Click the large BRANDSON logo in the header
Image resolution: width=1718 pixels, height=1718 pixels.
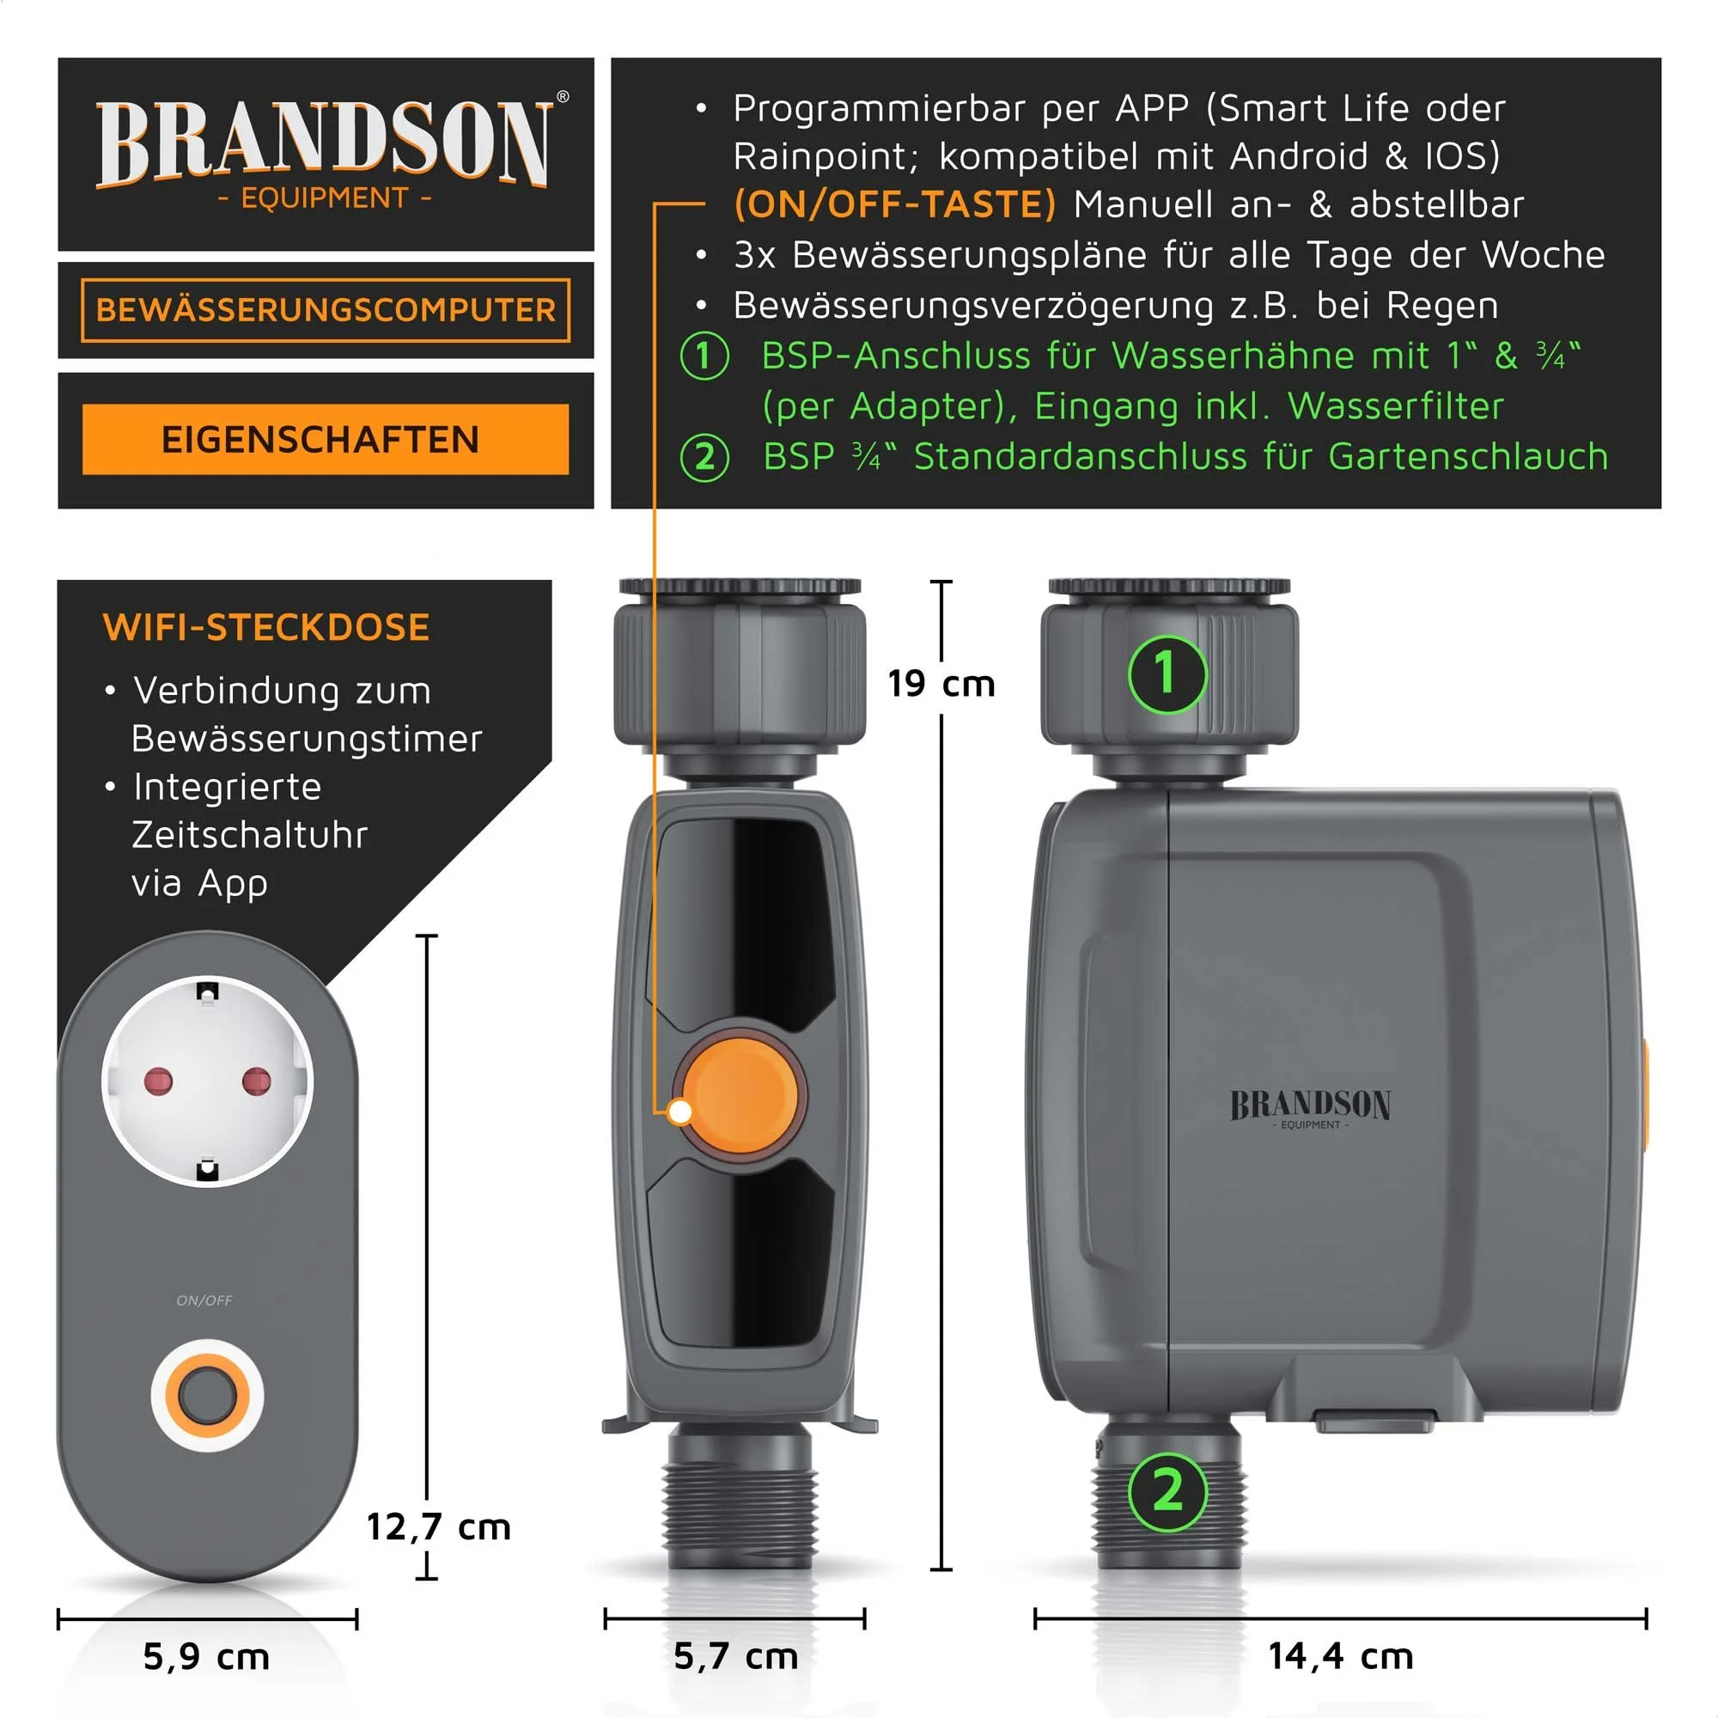click(326, 143)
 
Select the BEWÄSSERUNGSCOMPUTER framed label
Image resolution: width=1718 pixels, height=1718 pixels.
click(326, 309)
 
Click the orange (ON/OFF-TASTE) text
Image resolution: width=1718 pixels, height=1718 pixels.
click(894, 204)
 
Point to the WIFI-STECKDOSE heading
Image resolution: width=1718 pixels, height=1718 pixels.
click(267, 628)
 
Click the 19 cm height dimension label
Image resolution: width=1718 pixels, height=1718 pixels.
click(941, 684)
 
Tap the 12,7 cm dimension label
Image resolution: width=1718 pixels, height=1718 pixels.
click(438, 1526)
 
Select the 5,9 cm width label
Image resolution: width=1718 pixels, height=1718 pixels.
click(206, 1657)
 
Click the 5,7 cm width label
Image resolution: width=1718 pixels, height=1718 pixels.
click(735, 1656)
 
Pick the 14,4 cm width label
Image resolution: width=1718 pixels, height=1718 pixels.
click(1340, 1656)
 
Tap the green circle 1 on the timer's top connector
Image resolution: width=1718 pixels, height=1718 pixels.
click(1167, 673)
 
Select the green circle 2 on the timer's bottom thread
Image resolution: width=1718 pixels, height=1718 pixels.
click(1167, 1491)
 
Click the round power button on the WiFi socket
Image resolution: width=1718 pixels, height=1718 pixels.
click(207, 1394)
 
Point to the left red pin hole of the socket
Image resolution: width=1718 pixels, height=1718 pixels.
click(158, 1081)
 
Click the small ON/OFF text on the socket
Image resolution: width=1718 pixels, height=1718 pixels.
click(204, 1300)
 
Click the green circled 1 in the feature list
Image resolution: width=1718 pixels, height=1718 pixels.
click(704, 356)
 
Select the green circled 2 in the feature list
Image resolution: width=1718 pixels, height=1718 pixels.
click(704, 457)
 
